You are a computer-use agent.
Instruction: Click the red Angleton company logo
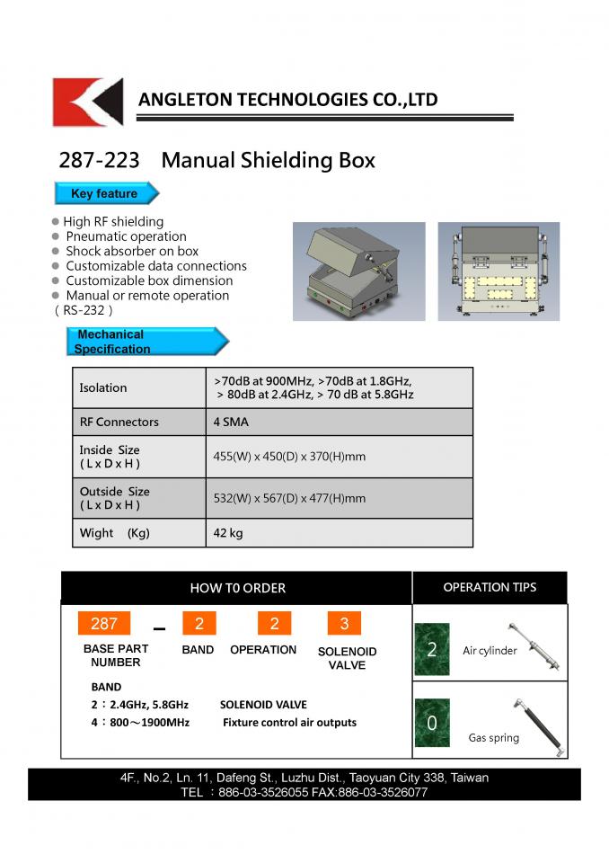87,102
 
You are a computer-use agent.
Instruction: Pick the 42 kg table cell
228,533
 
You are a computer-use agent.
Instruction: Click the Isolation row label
103,388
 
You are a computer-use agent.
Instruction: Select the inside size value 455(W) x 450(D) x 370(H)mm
289,457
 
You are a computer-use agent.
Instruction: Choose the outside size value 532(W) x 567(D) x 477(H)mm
289,498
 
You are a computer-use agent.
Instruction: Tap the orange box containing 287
104,624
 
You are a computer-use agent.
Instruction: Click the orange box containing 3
344,624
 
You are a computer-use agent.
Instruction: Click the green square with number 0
432,724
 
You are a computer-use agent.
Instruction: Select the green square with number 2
432,649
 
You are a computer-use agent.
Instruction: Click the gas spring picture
537,725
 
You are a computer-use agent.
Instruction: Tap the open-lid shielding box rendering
359,271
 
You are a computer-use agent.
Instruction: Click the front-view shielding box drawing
498,271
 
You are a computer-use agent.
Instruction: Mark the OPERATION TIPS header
490,587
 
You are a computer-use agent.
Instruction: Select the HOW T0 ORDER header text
238,588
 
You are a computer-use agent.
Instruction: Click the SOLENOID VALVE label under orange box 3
347,658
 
